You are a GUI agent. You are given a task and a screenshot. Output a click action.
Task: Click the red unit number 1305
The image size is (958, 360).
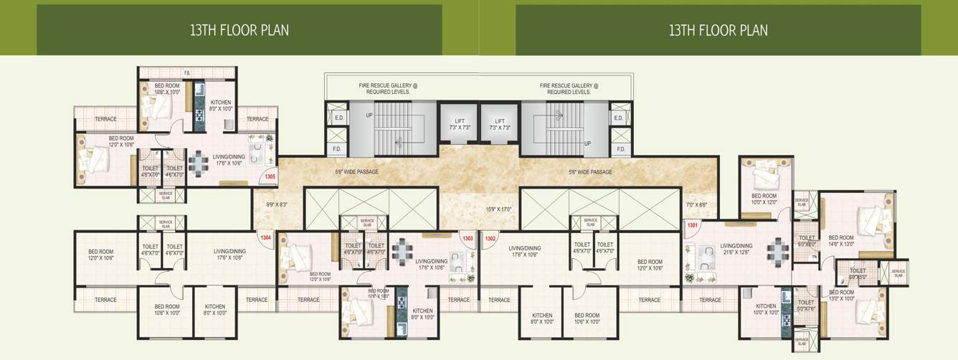point(270,176)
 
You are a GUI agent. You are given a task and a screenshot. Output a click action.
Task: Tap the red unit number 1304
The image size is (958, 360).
point(265,237)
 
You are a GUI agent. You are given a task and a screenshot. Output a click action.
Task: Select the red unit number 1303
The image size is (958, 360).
point(468,238)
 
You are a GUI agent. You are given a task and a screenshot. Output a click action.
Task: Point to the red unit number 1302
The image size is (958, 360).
point(491,238)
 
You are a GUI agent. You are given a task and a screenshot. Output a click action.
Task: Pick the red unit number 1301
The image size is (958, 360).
point(693,226)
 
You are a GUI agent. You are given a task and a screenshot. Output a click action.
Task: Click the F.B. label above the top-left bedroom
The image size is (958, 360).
point(187,73)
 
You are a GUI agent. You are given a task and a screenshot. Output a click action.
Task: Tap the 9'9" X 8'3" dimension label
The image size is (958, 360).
point(276,204)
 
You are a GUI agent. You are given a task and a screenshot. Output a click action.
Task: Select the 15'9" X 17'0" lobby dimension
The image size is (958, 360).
point(498,209)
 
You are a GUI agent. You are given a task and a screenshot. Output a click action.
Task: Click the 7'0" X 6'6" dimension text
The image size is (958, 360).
point(696,204)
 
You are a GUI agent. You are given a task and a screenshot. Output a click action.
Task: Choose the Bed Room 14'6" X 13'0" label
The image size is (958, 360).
point(841,240)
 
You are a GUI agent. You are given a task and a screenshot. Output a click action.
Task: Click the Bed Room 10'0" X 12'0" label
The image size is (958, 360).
point(764,199)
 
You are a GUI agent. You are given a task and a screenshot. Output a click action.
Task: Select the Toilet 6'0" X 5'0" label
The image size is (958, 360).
point(858,274)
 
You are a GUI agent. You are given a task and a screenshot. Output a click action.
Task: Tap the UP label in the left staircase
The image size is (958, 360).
point(369,115)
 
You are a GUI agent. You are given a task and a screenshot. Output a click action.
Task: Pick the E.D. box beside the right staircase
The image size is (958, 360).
point(618,117)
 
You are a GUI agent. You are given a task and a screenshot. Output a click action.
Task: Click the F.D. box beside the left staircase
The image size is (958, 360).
point(336,149)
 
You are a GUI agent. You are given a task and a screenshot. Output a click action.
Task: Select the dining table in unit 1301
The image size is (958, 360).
point(777,251)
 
